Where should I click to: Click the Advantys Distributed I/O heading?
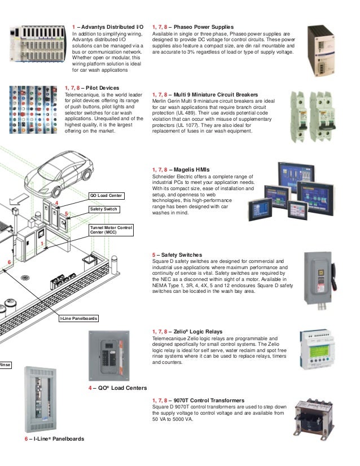click(x=108, y=27)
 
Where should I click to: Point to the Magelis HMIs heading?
click(x=181, y=169)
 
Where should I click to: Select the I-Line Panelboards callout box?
click(x=79, y=319)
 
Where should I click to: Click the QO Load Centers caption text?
click(x=117, y=388)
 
